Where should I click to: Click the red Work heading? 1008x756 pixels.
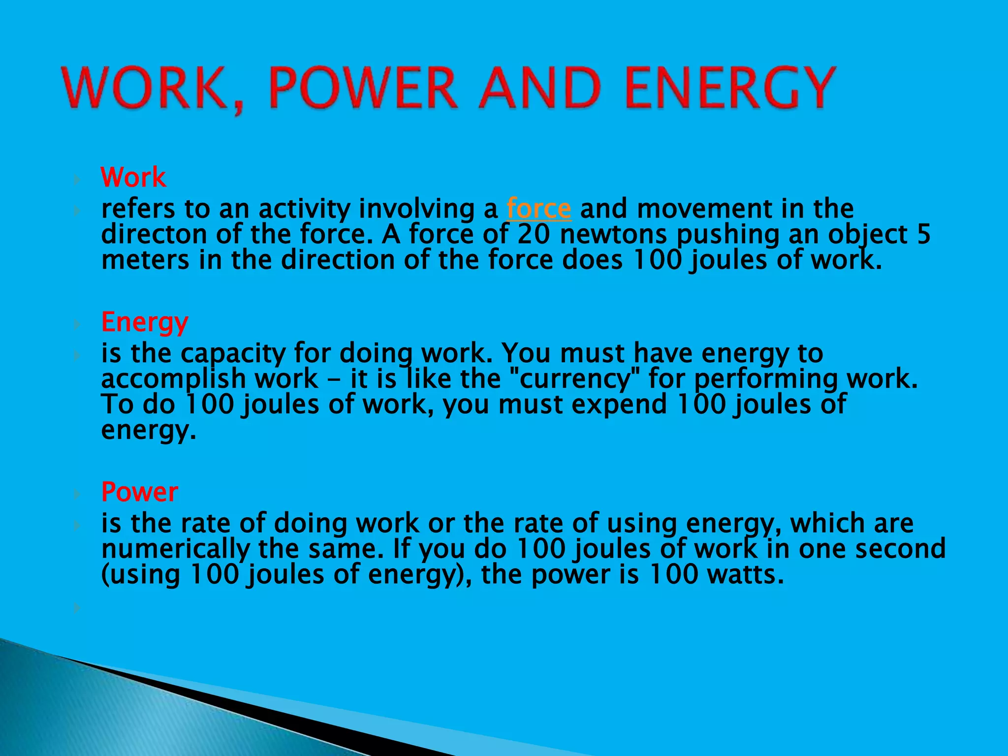tap(133, 177)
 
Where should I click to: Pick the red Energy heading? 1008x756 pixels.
tap(145, 322)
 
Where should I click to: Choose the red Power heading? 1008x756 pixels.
tap(140, 492)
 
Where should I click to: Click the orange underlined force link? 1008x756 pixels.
tap(539, 209)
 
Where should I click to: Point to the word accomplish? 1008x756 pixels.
tap(173, 379)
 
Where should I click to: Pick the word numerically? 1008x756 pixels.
tap(175, 549)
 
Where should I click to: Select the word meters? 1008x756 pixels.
tap(145, 260)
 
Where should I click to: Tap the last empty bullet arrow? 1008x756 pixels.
tap(77, 608)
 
